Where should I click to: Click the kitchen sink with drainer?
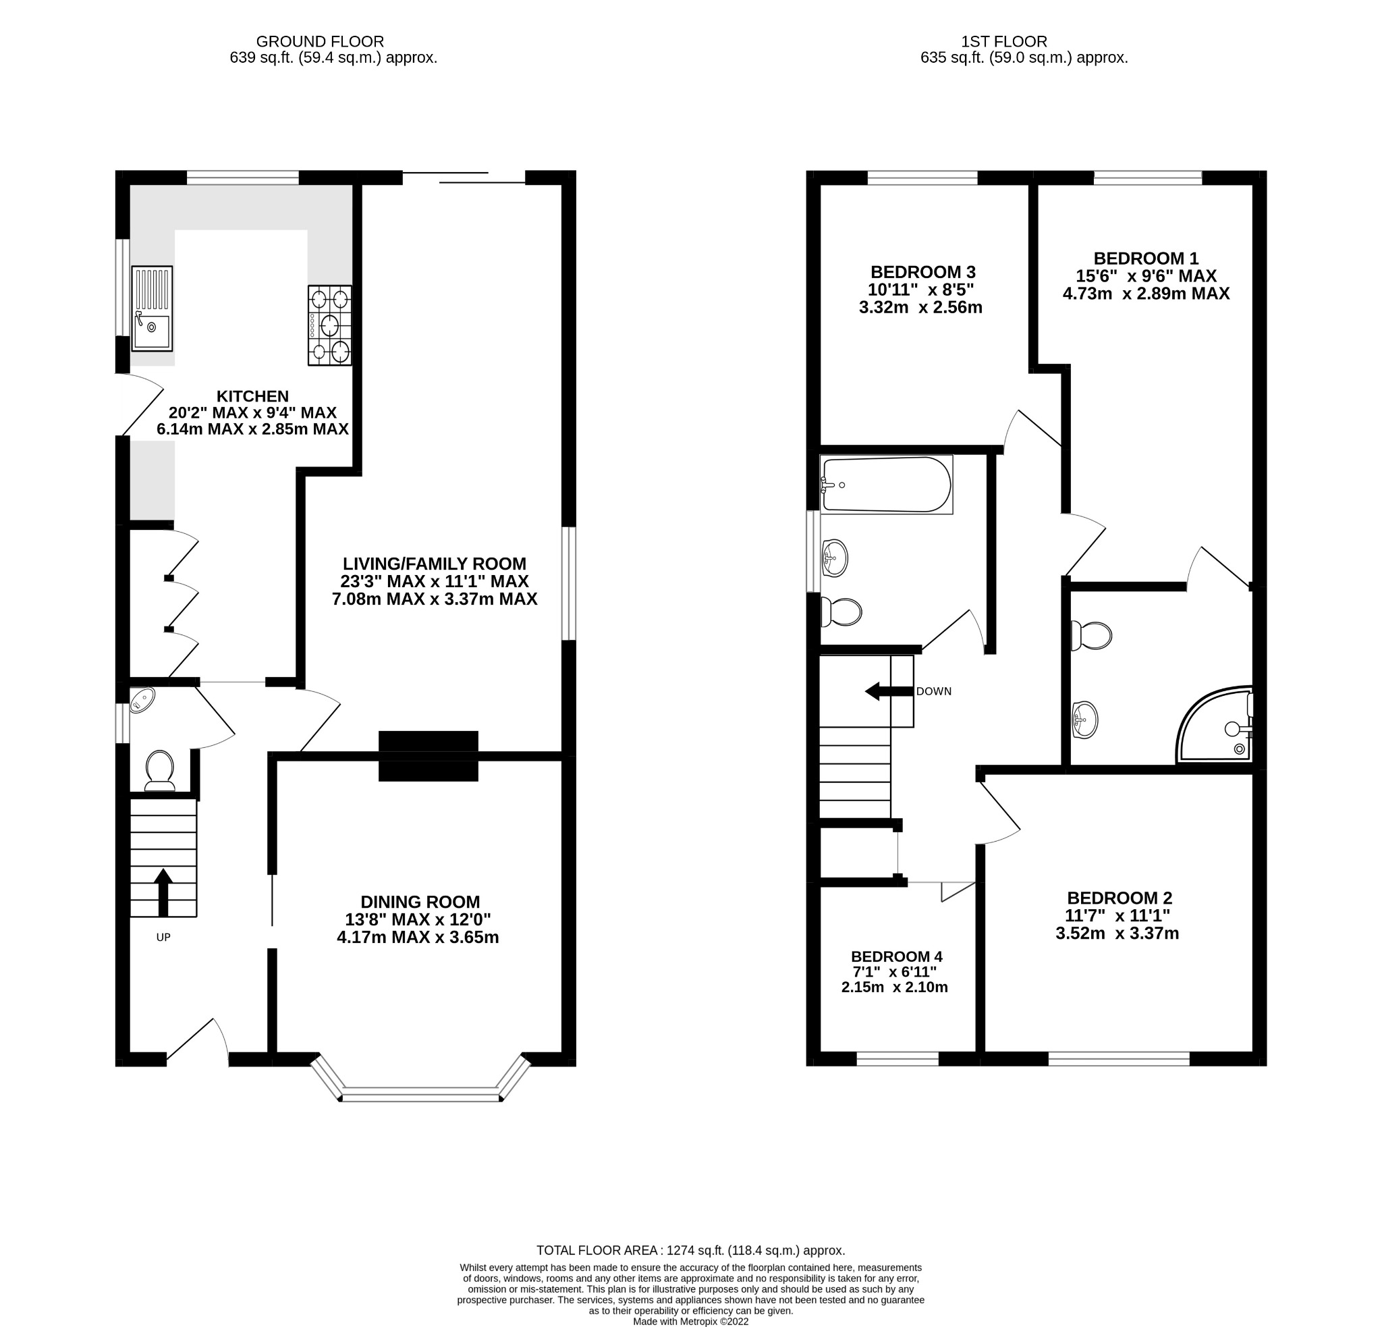tap(152, 308)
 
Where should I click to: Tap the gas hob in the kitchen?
tap(330, 325)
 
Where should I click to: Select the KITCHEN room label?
tap(252, 396)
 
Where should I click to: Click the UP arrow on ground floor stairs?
tap(163, 890)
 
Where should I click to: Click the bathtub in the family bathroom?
tap(886, 485)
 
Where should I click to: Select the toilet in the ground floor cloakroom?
tap(160, 771)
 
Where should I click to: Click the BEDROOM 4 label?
tap(896, 957)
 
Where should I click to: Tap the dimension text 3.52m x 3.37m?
tap(1117, 933)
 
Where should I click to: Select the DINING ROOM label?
tap(420, 902)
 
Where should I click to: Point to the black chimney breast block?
tap(428, 756)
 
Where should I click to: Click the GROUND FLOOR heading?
tap(319, 42)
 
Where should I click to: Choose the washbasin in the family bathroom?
tap(834, 559)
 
